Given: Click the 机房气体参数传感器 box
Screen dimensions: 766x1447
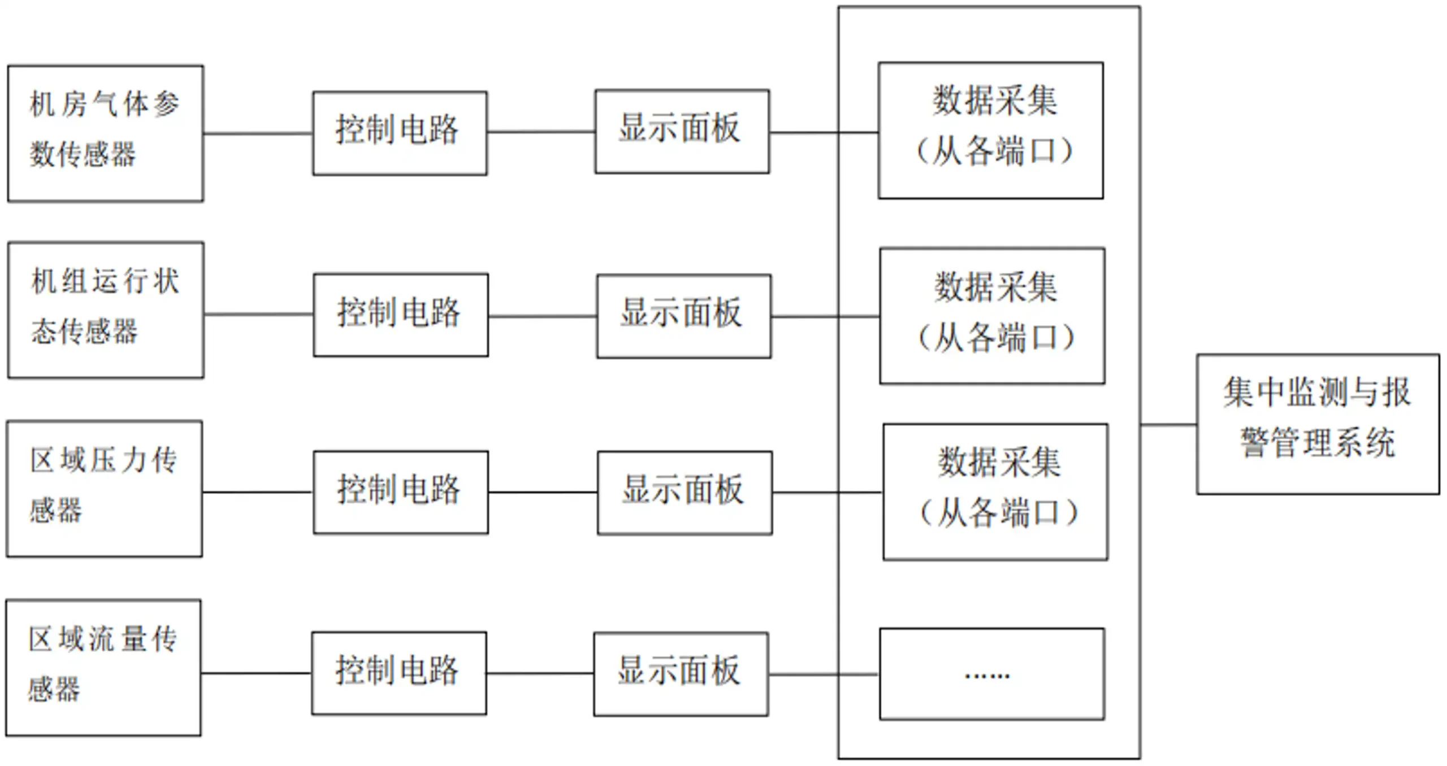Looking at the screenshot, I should [x=106, y=133].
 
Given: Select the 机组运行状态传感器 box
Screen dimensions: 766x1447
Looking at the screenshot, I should [x=106, y=310].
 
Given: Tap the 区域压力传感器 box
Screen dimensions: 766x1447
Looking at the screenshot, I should [x=105, y=489].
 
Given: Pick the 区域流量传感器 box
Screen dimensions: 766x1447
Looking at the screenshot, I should [x=103, y=668].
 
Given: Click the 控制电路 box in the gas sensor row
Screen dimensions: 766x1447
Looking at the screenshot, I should [x=400, y=133].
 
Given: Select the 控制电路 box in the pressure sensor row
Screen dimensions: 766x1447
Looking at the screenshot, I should [x=401, y=492].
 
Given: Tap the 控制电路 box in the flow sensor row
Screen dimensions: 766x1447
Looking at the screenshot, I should [x=399, y=673].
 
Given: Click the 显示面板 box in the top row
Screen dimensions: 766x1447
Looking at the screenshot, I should [x=682, y=131].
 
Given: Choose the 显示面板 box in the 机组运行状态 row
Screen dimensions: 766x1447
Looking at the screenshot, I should [x=683, y=316].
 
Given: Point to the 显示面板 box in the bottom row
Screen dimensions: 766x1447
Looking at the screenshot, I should [x=681, y=674].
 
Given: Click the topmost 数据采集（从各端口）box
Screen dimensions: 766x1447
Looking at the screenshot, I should [x=990, y=130].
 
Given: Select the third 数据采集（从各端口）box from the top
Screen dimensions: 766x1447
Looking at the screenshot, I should [x=995, y=492].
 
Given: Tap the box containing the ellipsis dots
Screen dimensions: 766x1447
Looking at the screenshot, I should [x=992, y=674].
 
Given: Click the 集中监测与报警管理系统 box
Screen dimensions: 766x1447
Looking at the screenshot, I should [x=1318, y=424].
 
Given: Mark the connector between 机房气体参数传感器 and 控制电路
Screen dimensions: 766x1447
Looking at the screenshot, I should [x=258, y=134].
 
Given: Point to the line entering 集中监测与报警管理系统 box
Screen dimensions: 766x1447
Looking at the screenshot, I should [x=1168, y=424].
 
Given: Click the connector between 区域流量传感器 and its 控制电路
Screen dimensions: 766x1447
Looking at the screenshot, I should [x=255, y=673].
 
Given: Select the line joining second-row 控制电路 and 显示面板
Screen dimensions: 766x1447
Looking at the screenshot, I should [x=542, y=316].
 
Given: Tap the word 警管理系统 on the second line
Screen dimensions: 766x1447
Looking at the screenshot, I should [x=1318, y=442].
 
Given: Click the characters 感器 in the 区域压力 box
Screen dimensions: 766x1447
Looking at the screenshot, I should [x=55, y=510].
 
